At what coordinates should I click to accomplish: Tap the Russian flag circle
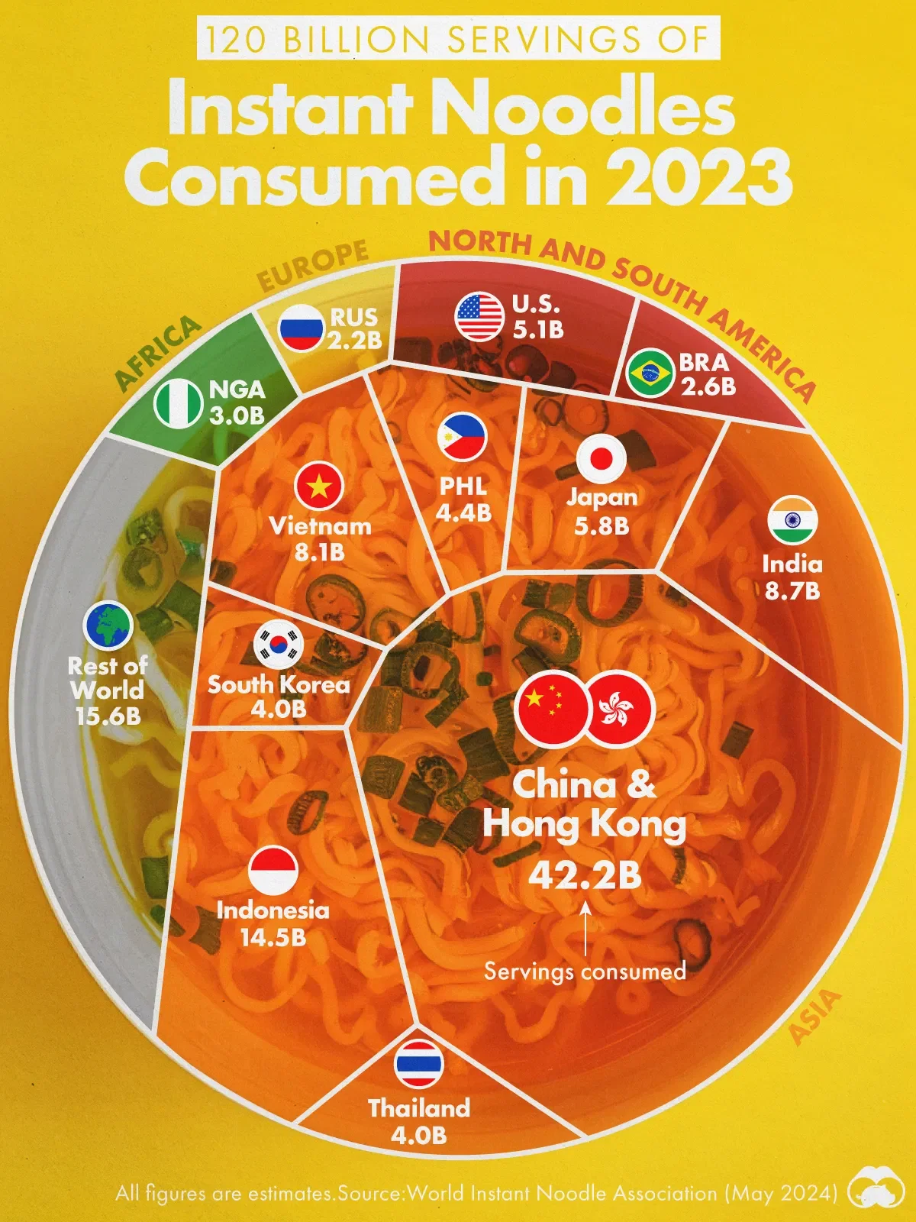pyautogui.click(x=302, y=328)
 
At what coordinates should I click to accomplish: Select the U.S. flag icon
pyautogui.click(x=479, y=316)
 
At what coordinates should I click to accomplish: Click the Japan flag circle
pyautogui.click(x=602, y=458)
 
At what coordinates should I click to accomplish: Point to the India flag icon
pyautogui.click(x=792, y=521)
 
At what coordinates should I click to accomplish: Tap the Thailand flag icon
pyautogui.click(x=419, y=1063)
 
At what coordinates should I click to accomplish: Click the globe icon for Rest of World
pyautogui.click(x=108, y=626)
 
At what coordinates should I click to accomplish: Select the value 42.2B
pyautogui.click(x=585, y=876)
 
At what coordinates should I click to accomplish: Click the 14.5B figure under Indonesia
pyautogui.click(x=273, y=938)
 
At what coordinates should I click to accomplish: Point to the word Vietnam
pyautogui.click(x=320, y=526)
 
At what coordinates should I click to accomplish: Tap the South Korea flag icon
pyautogui.click(x=279, y=644)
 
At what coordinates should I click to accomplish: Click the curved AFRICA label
pyautogui.click(x=157, y=351)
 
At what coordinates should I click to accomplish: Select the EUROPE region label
pyautogui.click(x=313, y=265)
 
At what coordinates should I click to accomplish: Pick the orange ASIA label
pyautogui.click(x=814, y=1017)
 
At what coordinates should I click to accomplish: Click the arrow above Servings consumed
pyautogui.click(x=585, y=928)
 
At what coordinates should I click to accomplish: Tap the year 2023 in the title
pyautogui.click(x=698, y=178)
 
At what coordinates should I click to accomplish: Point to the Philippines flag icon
pyautogui.click(x=462, y=436)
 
